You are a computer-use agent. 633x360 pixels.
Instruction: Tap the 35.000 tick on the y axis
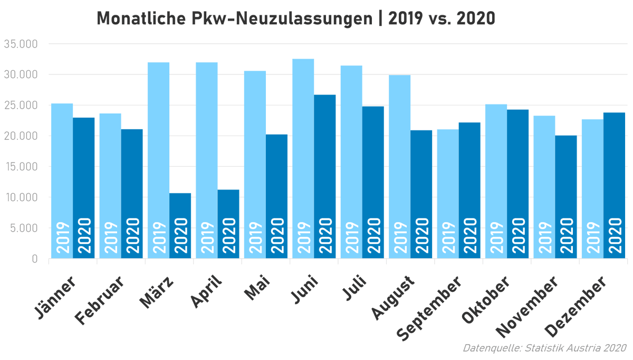21,44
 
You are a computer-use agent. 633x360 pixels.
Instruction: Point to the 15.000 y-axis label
21,167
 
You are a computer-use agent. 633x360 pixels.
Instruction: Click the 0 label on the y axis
34,259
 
